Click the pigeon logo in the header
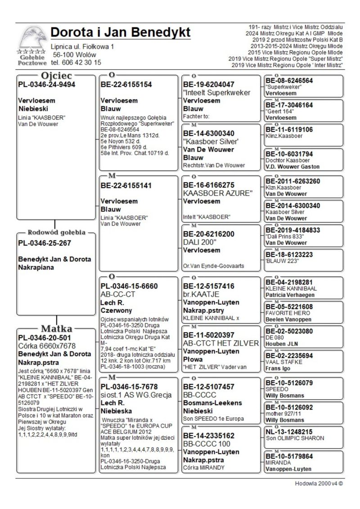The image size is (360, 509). click(32, 40)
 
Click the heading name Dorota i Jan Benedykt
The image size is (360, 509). click(120, 32)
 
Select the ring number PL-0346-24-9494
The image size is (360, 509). click(46, 84)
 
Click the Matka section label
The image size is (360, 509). click(56, 328)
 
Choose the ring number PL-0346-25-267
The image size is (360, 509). click(45, 243)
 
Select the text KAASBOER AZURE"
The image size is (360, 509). click(218, 193)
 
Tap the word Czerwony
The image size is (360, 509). click(116, 310)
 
